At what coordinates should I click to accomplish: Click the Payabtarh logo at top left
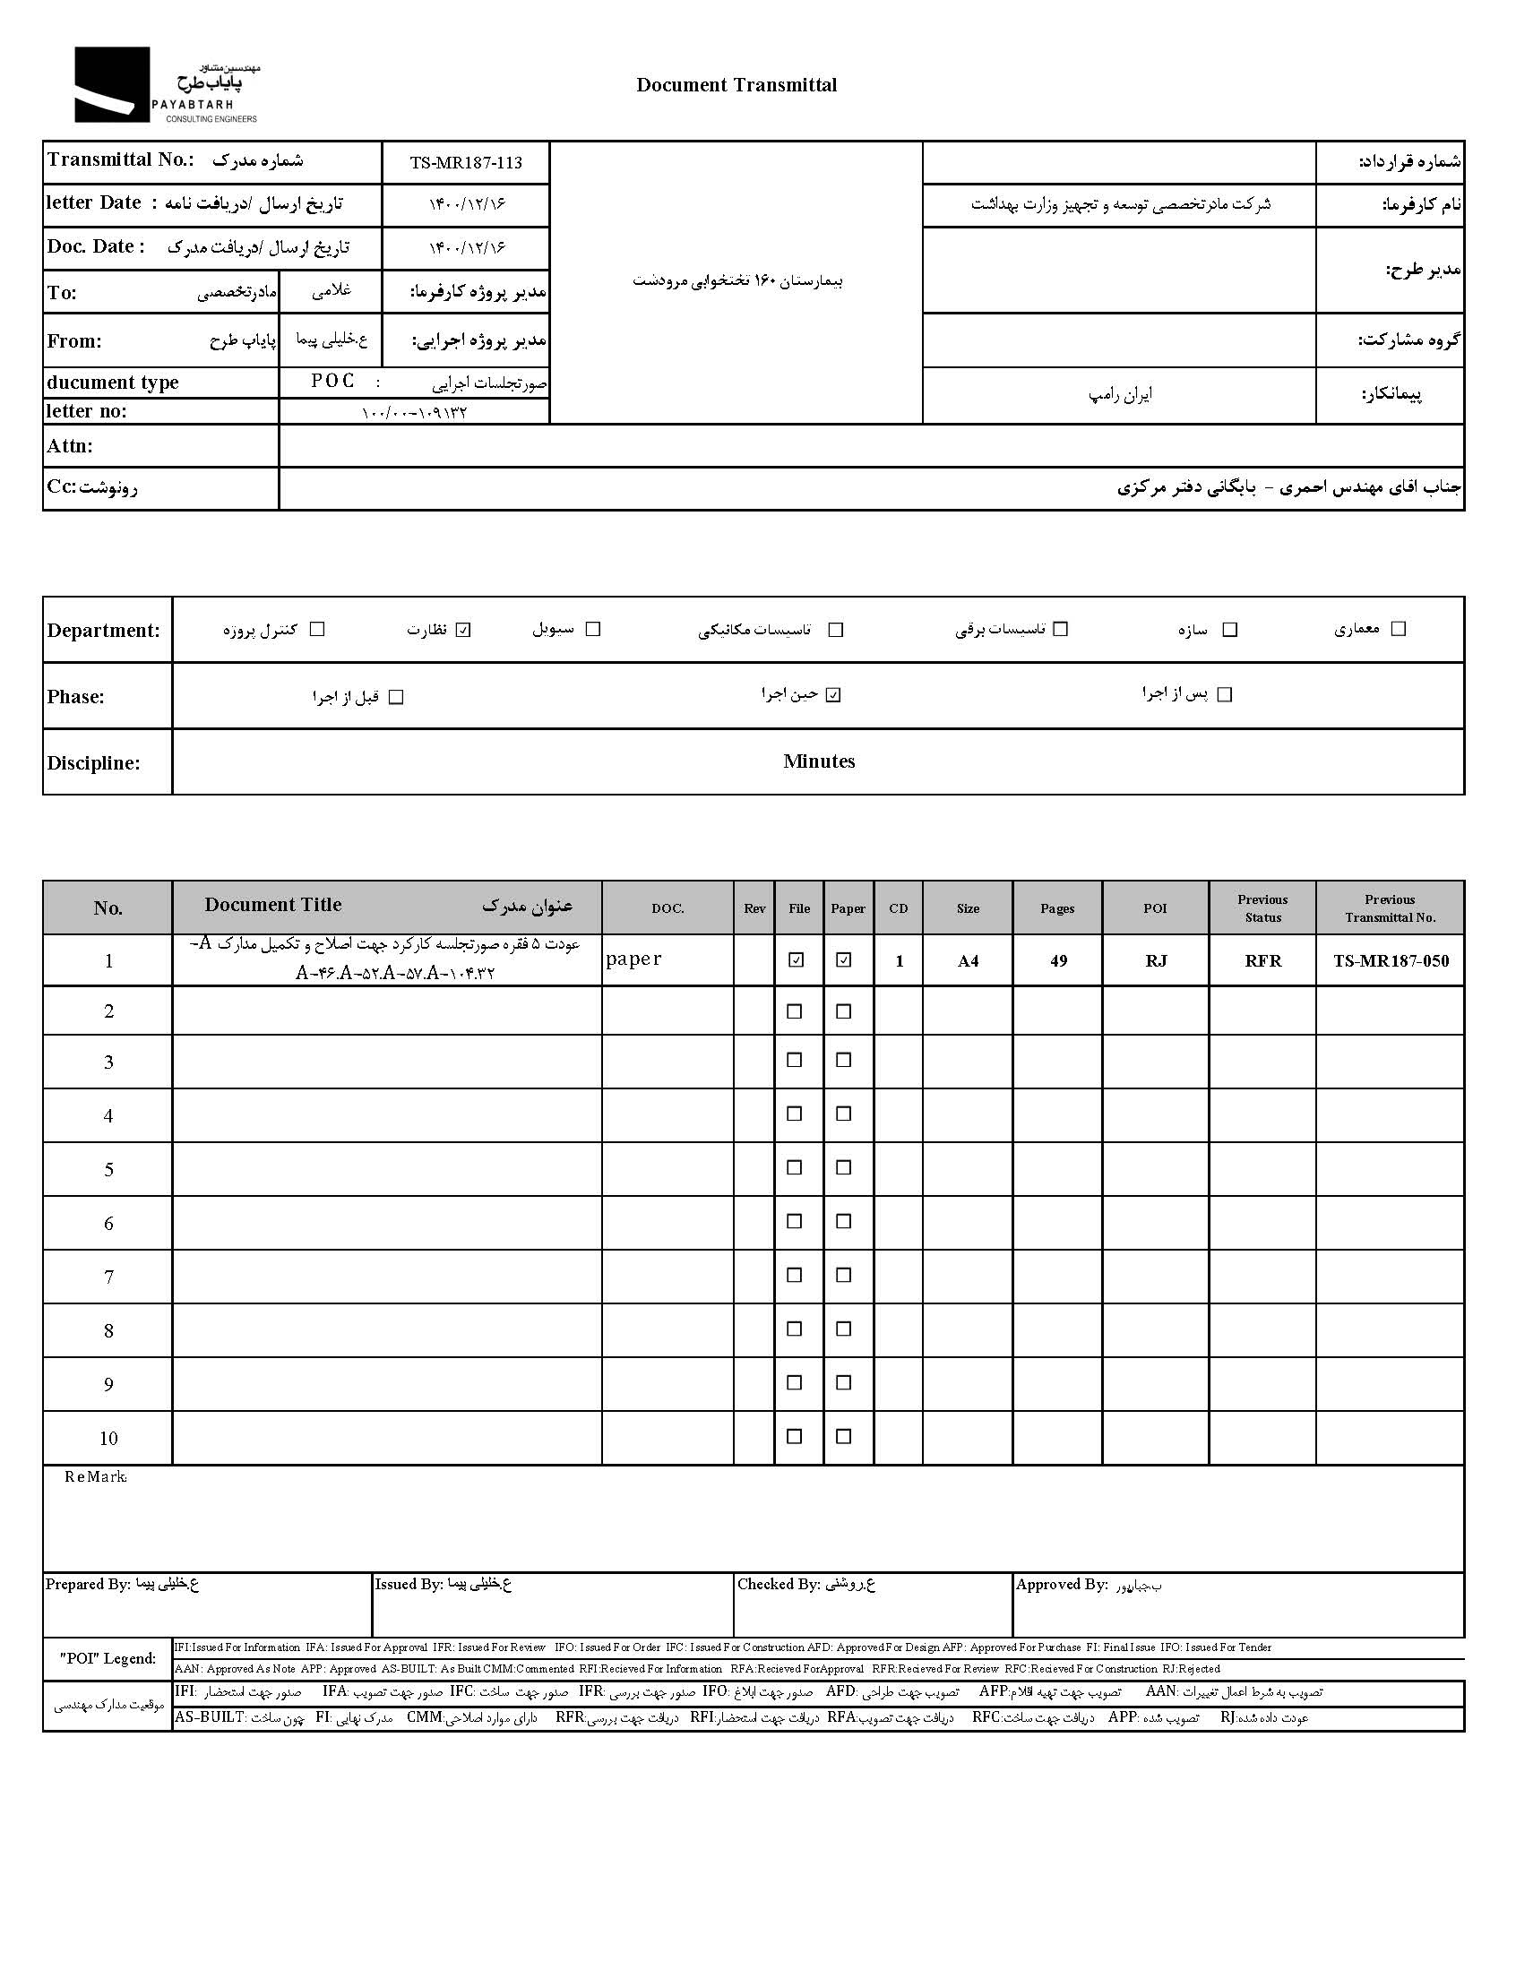click(165, 85)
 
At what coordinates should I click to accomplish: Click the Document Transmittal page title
click(736, 85)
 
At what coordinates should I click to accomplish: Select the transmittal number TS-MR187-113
click(465, 163)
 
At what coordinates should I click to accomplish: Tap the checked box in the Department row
click(463, 630)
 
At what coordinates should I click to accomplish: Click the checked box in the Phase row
click(833, 695)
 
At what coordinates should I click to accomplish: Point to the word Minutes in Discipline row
click(818, 761)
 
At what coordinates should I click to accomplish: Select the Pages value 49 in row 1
click(1058, 960)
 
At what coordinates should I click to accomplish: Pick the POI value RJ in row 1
click(1156, 960)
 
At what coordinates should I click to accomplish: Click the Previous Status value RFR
click(1262, 960)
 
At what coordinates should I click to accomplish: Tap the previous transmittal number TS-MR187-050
click(1391, 960)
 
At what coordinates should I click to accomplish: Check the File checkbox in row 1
click(796, 959)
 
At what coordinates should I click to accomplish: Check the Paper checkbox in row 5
click(843, 1167)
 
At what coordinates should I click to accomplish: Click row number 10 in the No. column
click(108, 1439)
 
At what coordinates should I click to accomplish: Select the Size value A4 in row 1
click(968, 960)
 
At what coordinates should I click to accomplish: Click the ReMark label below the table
click(95, 1477)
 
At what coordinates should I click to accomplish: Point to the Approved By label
click(1061, 1584)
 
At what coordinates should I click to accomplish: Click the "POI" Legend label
click(108, 1658)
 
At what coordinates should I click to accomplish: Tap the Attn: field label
click(70, 446)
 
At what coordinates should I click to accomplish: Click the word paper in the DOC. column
click(633, 959)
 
